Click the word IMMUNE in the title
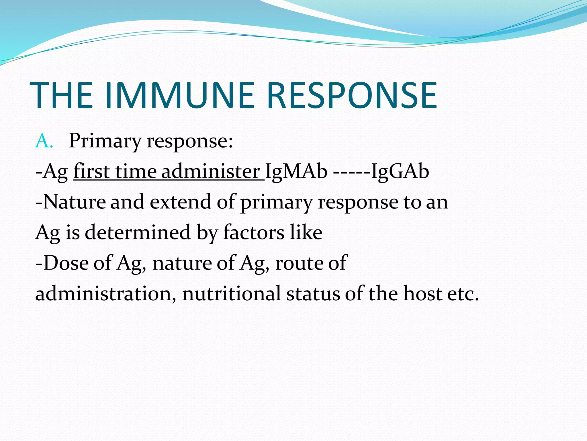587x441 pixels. click(180, 96)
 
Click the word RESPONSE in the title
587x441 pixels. click(352, 96)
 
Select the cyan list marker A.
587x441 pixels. click(44, 142)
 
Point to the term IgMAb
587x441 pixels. click(296, 172)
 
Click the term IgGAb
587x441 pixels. click(400, 172)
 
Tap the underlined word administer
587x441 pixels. click(210, 172)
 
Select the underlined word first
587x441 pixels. click(91, 172)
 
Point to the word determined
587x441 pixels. click(138, 232)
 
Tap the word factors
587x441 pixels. click(254, 232)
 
